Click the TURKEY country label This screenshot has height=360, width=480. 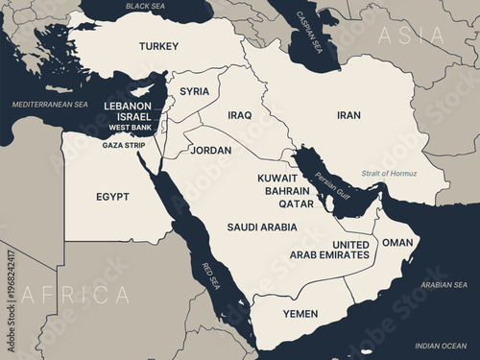158,46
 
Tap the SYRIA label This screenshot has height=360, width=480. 194,91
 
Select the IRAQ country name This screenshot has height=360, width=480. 240,115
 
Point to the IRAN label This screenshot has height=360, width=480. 348,115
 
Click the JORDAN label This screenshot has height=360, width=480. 211,151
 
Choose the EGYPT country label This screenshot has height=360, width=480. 112,197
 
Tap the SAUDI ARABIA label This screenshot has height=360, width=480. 262,228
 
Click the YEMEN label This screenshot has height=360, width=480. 300,314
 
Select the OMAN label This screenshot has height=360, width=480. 397,243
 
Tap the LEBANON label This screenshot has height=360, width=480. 129,105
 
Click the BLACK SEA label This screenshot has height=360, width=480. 145,6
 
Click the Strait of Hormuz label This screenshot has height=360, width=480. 391,173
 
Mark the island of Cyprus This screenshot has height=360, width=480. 144,90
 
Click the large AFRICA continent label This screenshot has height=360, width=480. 76,294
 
